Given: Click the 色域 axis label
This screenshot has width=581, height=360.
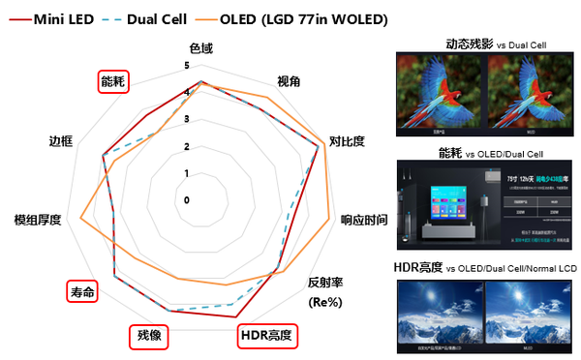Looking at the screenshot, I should pyautogui.click(x=201, y=48).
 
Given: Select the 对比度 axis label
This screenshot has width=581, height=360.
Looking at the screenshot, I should pyautogui.click(x=347, y=141).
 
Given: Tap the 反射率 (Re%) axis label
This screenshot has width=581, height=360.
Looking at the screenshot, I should pyautogui.click(x=325, y=290).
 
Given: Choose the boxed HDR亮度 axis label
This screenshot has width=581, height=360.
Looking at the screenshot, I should pyautogui.click(x=266, y=336).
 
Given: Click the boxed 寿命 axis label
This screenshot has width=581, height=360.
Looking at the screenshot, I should pyautogui.click(x=82, y=291).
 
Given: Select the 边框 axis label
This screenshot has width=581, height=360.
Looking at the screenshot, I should pyautogui.click(x=61, y=141).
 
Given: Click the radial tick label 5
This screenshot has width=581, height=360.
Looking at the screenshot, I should pyautogui.click(x=187, y=66).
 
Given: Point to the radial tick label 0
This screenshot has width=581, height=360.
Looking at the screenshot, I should pyautogui.click(x=187, y=199).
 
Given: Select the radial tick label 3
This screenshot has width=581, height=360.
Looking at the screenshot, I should pyautogui.click(x=187, y=119).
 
